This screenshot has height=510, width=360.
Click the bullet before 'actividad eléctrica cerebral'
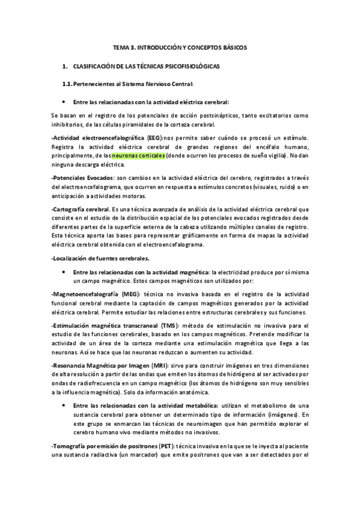tap(63, 102)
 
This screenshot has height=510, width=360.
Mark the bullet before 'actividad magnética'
tap(63, 272)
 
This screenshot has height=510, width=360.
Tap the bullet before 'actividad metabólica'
tap(63, 407)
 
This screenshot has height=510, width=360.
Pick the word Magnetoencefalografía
tap(86, 294)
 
